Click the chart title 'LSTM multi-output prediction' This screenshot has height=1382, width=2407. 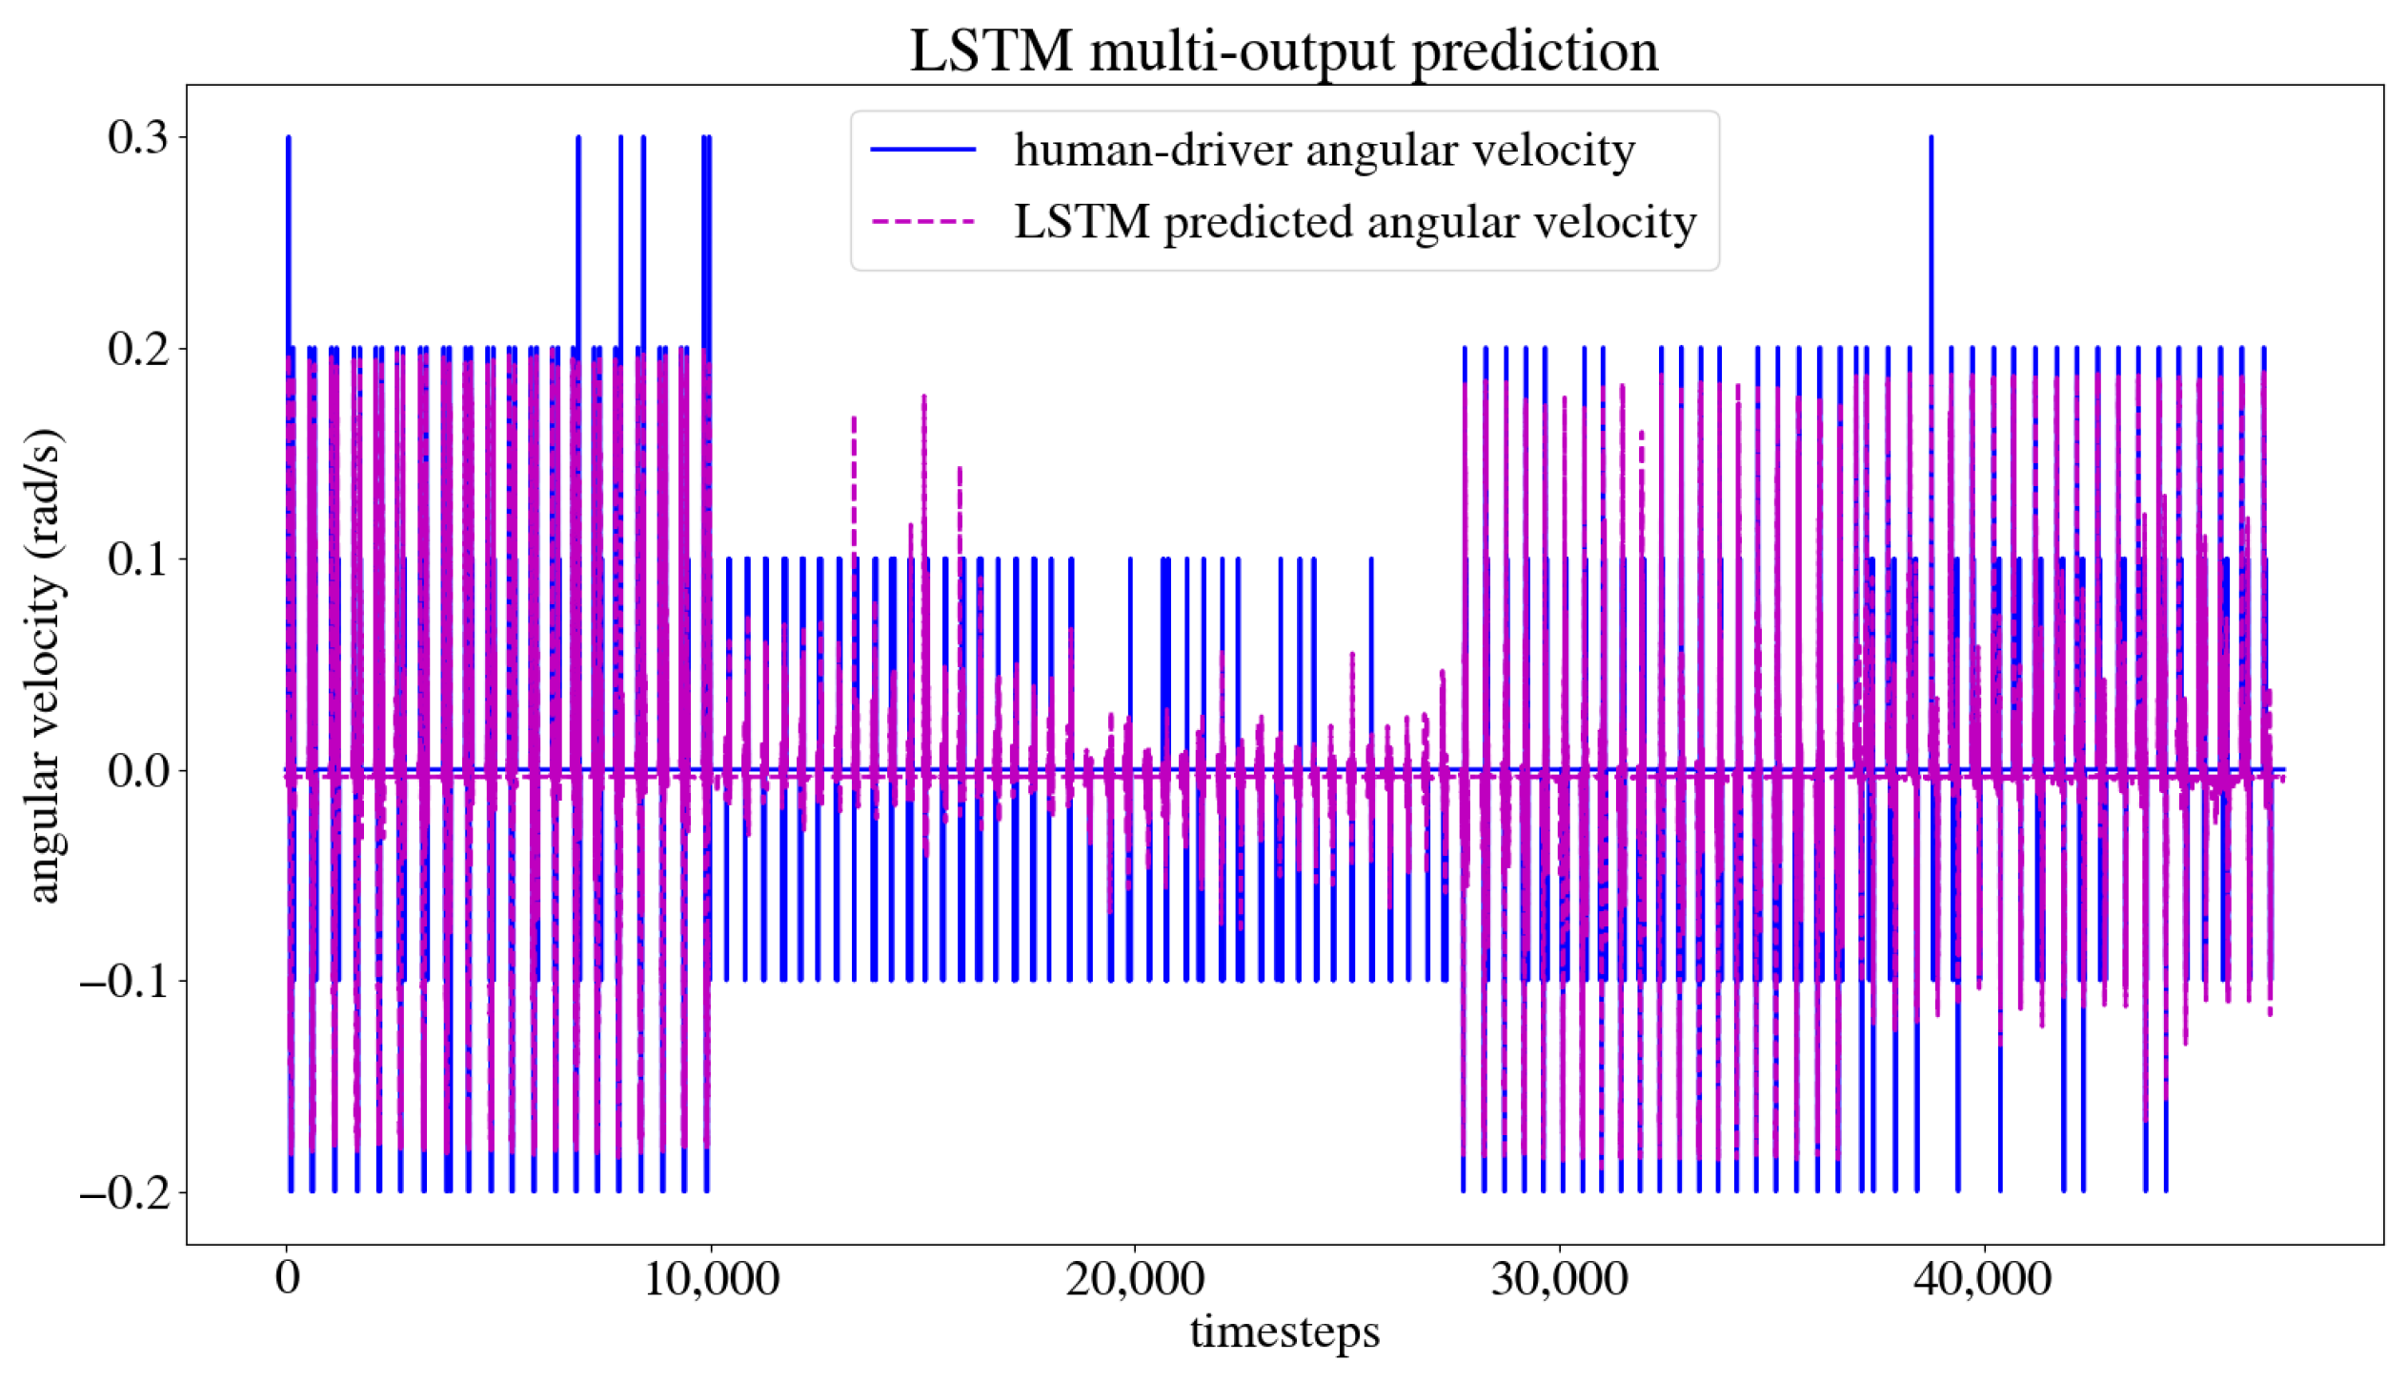click(x=1284, y=50)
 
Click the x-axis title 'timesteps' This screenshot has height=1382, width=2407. click(x=1284, y=1331)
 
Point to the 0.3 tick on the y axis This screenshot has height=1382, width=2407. click(x=137, y=137)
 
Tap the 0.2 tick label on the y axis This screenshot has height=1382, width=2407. click(x=137, y=349)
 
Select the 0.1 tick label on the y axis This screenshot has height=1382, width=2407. click(x=137, y=559)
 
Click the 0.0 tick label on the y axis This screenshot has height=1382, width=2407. click(x=137, y=770)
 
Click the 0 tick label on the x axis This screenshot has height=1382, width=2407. click(x=287, y=1278)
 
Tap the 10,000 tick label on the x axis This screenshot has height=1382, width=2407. click(x=711, y=1278)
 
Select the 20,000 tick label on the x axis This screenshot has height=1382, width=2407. click(x=1135, y=1278)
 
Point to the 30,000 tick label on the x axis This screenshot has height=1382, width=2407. click(x=1559, y=1278)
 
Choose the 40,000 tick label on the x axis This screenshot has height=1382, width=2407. click(x=1983, y=1278)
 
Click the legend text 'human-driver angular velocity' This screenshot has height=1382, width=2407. click(x=1324, y=150)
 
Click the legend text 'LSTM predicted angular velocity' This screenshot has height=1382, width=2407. click(x=1354, y=222)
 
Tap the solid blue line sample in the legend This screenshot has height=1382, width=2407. click(x=922, y=150)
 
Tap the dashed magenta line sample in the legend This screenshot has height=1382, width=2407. click(x=922, y=222)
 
